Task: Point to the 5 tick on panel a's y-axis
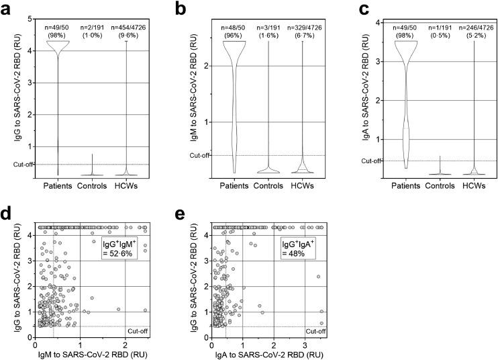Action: (x=30, y=19)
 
